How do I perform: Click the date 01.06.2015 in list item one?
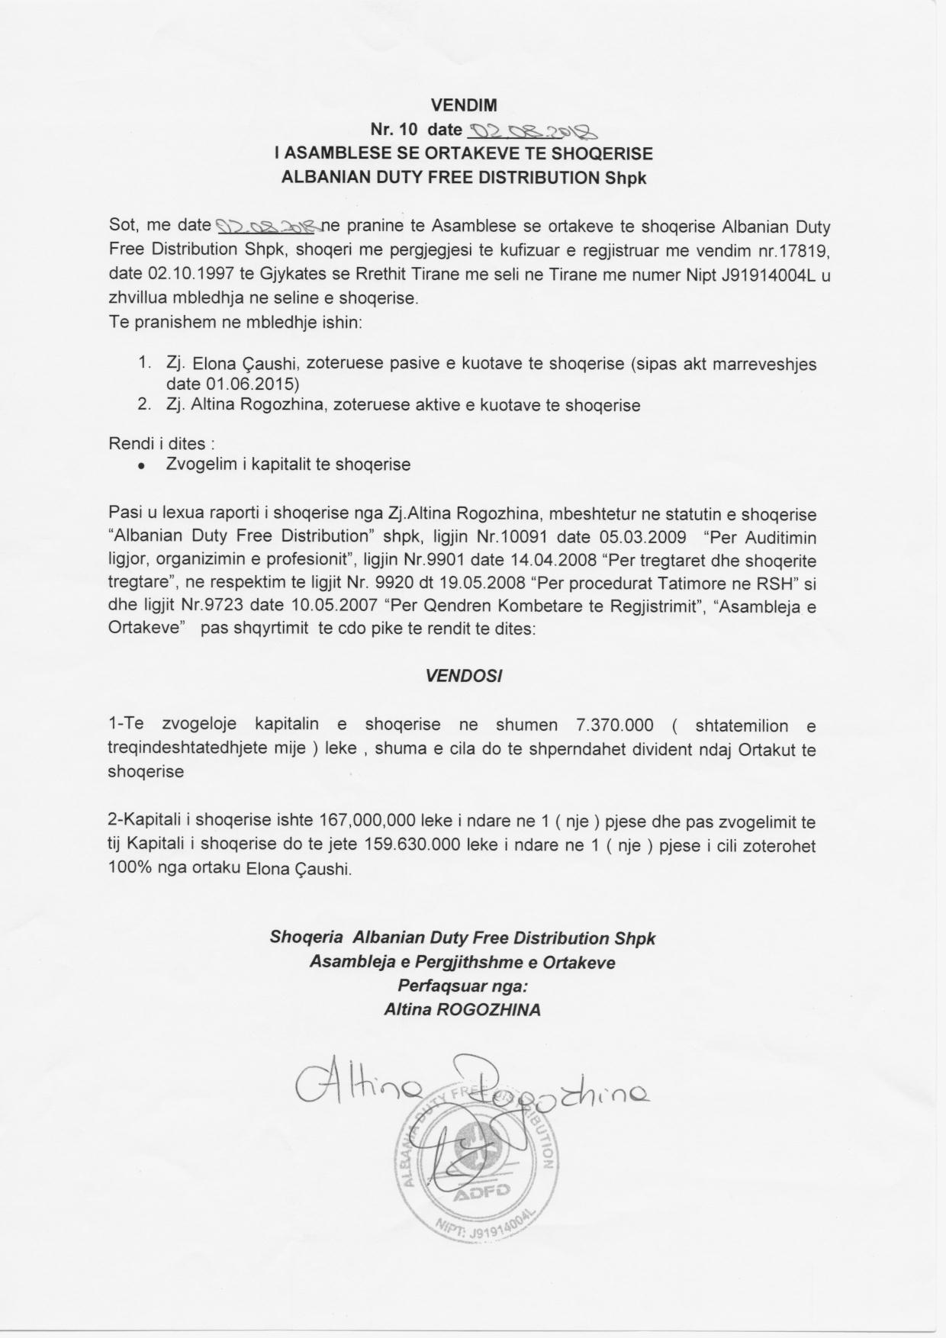click(x=232, y=384)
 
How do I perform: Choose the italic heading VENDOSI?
click(x=464, y=676)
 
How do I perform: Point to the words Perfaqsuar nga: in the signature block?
click(x=463, y=986)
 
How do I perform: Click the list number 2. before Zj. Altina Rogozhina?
click(x=144, y=405)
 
